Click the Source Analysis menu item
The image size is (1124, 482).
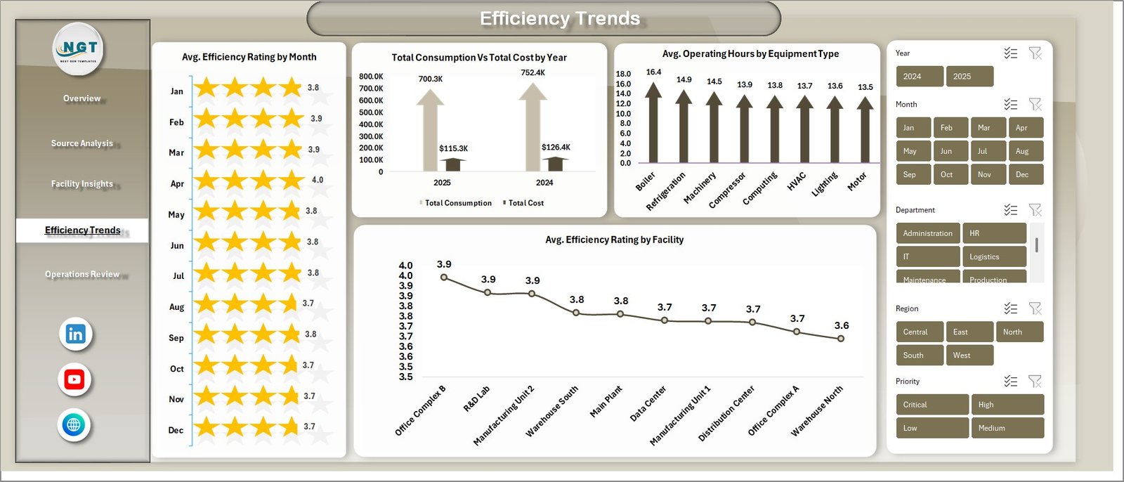click(81, 143)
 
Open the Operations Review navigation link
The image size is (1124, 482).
click(82, 274)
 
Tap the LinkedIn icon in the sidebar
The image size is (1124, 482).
click(75, 334)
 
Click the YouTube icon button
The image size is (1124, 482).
click(74, 379)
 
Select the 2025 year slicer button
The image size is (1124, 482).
click(969, 77)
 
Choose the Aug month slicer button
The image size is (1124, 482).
click(1026, 151)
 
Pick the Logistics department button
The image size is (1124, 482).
click(993, 256)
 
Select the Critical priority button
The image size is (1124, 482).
click(932, 405)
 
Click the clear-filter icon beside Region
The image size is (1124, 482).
click(1035, 308)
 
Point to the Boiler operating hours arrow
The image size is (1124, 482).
click(653, 123)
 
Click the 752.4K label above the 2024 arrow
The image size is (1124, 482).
click(532, 72)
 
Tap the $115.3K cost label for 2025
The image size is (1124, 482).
click(453, 148)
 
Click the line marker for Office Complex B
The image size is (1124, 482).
click(443, 278)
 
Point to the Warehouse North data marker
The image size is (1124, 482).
click(841, 338)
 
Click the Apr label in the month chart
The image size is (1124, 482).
click(177, 184)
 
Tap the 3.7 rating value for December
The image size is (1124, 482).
click(309, 426)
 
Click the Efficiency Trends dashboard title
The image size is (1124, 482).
click(560, 18)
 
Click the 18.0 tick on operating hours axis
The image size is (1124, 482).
click(623, 74)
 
